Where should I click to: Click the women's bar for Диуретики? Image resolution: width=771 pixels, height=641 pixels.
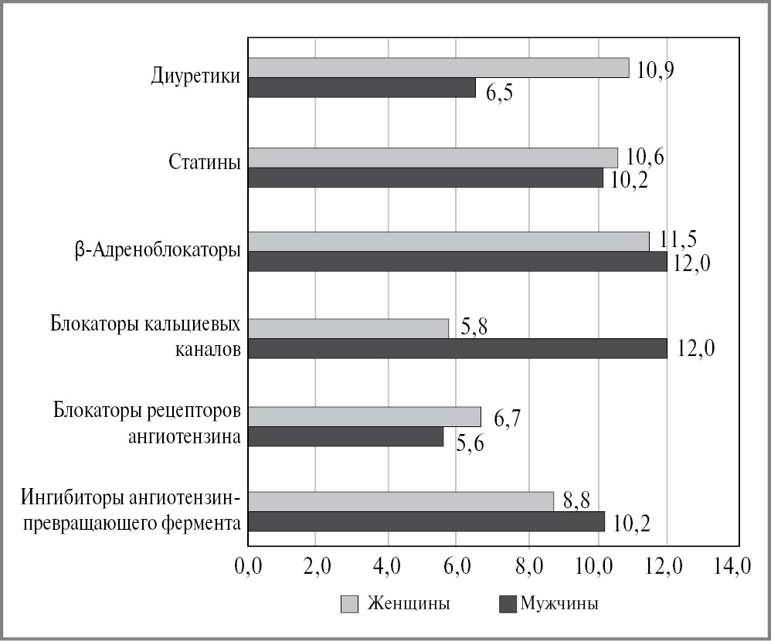(x=439, y=68)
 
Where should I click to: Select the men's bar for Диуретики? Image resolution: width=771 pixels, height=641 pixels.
(x=362, y=88)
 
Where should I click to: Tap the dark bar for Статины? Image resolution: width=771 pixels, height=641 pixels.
(x=426, y=178)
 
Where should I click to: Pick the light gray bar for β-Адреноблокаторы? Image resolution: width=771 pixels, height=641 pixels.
(x=449, y=242)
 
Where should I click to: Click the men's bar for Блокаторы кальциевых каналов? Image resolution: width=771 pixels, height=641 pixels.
(x=458, y=349)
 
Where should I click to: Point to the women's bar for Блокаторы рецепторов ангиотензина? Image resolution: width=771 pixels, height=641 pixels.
(x=365, y=416)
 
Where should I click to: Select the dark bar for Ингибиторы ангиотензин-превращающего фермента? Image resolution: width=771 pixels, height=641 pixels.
(x=426, y=522)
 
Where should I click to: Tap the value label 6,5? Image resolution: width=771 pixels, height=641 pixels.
(x=500, y=94)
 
